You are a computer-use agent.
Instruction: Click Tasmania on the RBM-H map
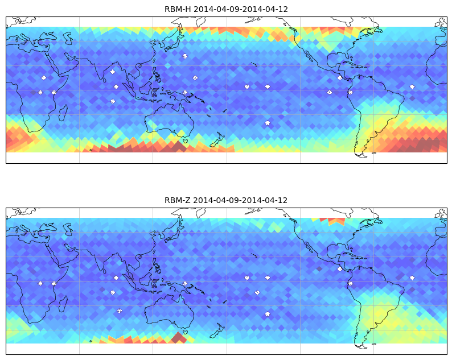[185, 141]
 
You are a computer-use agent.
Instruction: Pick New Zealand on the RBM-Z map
[217, 330]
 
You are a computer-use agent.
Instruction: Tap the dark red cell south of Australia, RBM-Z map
[179, 338]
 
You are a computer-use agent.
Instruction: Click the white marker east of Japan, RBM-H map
[185, 56]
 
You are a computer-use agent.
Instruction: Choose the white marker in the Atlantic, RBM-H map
[412, 86]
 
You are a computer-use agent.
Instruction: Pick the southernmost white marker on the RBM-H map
[268, 123]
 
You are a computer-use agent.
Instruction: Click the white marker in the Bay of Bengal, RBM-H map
[113, 72]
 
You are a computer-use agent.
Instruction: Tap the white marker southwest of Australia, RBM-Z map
[120, 311]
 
